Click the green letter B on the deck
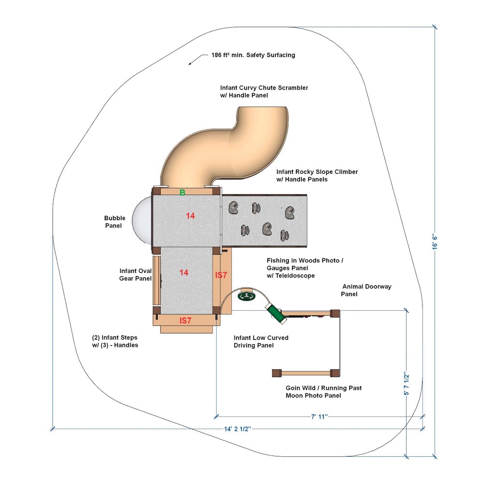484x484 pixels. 182,192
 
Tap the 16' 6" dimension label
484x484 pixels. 435,242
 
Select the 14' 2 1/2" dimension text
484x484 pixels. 237,429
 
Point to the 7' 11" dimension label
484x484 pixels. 319,417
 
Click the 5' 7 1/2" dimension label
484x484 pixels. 407,383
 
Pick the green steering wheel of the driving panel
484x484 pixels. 246,297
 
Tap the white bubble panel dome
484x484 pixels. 142,220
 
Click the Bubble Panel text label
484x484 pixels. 115,222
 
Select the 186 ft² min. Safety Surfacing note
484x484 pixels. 253,55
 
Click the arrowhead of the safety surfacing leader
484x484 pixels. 190,64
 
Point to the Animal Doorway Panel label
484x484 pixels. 366,290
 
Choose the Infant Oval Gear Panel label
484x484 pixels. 136,274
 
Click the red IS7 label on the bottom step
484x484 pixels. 185,321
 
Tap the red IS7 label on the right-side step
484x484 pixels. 221,275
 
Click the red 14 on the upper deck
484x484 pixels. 190,216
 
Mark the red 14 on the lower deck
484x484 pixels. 183,272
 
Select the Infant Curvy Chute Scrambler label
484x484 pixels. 264,91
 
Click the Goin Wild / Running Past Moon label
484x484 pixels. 323,392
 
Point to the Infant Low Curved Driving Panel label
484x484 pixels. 261,341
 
